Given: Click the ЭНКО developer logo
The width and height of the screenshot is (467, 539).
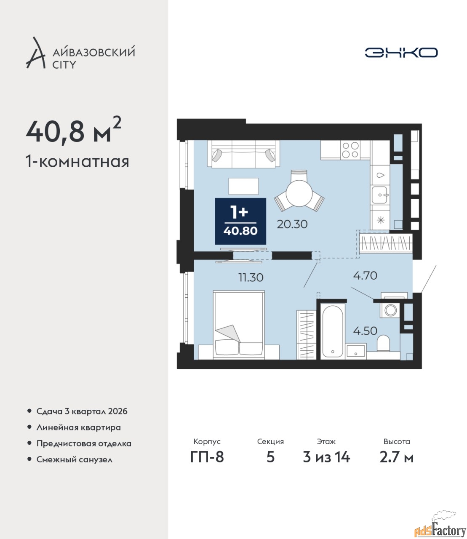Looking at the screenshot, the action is tap(401, 52).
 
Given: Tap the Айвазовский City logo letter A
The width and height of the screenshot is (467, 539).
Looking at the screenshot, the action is tap(35, 53).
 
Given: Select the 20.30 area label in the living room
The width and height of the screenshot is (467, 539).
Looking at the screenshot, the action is tap(292, 224).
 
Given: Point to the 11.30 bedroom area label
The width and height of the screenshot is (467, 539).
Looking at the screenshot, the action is tap(251, 278).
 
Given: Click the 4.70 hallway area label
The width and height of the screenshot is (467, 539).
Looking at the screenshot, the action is tap(365, 276).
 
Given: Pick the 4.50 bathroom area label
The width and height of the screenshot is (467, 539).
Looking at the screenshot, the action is tap(365, 331).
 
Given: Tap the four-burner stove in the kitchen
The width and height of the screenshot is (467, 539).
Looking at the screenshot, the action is tap(350, 149).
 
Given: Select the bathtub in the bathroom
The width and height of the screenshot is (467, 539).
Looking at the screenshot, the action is tap(332, 331).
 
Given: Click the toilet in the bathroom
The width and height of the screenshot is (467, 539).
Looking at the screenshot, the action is tap(383, 343).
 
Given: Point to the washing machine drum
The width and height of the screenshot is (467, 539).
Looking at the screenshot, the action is tap(390, 310).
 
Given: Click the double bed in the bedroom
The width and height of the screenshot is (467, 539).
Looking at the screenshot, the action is tap(239, 325).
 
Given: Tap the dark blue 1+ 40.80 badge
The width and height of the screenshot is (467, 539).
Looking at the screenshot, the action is tap(240, 221).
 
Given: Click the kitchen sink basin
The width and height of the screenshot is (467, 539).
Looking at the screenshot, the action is tap(379, 195).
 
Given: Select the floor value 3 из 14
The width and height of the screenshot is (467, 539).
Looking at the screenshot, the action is tap(326, 457).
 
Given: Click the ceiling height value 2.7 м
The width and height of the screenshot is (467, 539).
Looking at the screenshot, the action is tap(396, 457).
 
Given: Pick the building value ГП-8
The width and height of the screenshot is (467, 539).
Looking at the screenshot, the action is tap(207, 457).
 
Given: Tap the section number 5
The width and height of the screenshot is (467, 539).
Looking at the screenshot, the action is tap(270, 457).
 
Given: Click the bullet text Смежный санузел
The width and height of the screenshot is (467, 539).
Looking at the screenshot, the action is tap(74, 459).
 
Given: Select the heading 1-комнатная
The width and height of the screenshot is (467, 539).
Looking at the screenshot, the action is tap(77, 162).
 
